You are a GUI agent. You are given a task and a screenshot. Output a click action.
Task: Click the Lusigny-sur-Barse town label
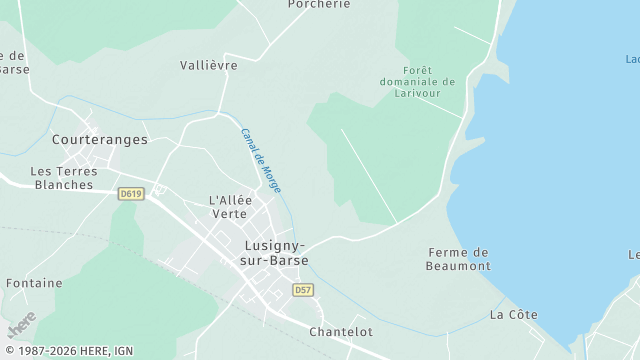point(275,252)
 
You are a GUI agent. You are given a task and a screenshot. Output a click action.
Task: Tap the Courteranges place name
point(99,140)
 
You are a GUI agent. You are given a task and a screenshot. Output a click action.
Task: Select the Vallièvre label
point(209,65)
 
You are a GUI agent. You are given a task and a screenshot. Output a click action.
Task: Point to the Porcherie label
point(319,4)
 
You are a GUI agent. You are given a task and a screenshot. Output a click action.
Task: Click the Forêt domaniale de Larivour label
point(417,81)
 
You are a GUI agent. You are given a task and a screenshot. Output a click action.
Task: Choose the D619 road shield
point(130,193)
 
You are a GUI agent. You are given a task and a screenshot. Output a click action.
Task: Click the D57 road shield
point(303,290)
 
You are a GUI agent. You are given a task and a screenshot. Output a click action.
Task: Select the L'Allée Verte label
point(228,207)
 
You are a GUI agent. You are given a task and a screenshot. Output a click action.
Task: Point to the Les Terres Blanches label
point(64,178)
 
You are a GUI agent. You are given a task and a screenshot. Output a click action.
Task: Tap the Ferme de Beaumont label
point(458,259)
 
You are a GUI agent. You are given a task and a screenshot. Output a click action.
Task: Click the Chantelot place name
point(341,331)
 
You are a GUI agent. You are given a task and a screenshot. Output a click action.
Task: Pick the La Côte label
point(513,315)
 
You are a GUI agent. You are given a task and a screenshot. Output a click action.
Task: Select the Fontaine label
point(34,283)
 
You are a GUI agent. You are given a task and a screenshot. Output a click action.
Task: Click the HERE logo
point(21,326)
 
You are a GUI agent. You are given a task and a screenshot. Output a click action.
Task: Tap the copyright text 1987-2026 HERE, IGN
point(67,352)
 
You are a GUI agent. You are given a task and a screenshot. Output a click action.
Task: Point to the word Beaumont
point(458,266)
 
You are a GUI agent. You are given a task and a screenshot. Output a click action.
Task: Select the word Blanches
point(64,185)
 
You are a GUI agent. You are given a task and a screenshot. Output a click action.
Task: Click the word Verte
point(229,214)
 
